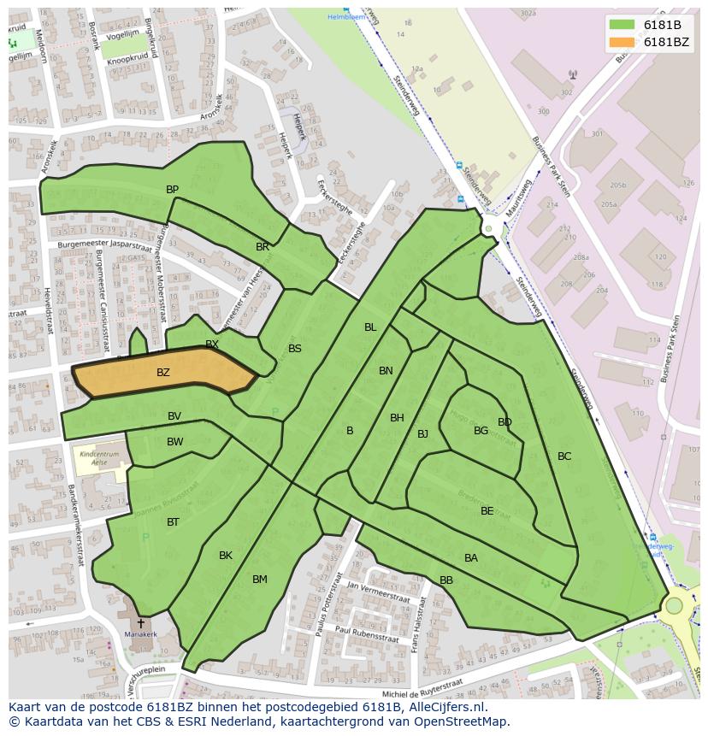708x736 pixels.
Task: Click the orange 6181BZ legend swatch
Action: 622,42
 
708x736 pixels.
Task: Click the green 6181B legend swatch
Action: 622,25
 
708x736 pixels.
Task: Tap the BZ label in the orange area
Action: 162,373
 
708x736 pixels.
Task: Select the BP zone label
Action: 172,189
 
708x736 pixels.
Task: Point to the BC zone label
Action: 564,456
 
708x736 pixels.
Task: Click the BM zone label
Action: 260,579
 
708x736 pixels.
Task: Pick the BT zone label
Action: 173,521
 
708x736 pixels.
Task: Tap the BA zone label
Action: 471,557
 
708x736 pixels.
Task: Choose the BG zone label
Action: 481,430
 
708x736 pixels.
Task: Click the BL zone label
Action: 370,327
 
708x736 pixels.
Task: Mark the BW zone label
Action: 174,441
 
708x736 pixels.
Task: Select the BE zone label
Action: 487,510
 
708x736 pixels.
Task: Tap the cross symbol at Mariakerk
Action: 140,624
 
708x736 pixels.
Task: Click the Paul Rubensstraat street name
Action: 369,633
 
